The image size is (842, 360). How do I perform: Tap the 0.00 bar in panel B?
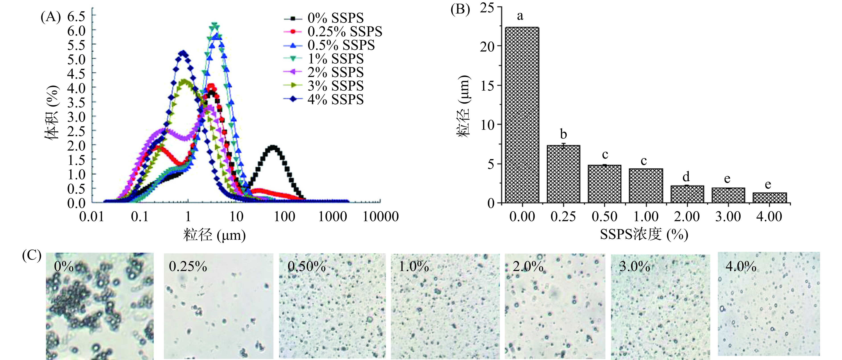pyautogui.click(x=522, y=114)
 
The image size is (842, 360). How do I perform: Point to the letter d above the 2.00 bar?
pyautogui.click(x=686, y=177)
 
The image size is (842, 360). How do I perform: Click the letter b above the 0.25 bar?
pyautogui.click(x=563, y=134)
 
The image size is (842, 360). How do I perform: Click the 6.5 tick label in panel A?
pyautogui.click(x=76, y=16)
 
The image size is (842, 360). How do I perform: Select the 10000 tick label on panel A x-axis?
pyautogui.click(x=381, y=217)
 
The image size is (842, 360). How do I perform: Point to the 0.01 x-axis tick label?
pyautogui.click(x=92, y=217)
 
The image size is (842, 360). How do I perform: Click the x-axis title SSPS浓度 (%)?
pyautogui.click(x=644, y=234)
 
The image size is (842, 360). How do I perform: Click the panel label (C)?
pyautogui.click(x=32, y=255)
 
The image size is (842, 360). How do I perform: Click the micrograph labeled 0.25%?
pyautogui.click(x=218, y=306)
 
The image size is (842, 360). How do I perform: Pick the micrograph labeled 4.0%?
pyautogui.click(x=768, y=304)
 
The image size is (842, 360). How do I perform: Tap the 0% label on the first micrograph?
pyautogui.click(x=64, y=267)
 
